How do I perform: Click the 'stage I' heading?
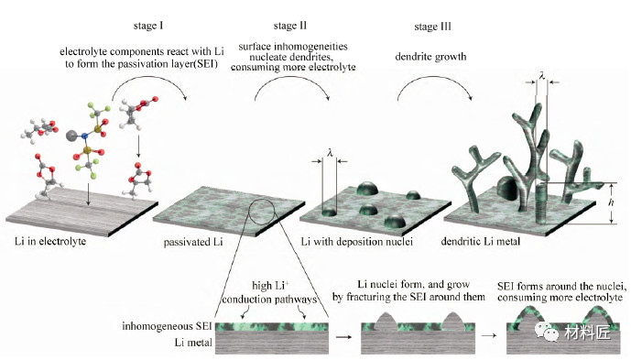(148, 26)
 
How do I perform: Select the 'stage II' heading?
(289, 26)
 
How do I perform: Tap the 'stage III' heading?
(432, 27)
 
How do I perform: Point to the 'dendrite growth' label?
(430, 57)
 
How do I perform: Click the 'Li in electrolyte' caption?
(50, 241)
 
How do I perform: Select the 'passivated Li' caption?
(193, 242)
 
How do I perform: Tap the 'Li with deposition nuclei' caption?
(357, 242)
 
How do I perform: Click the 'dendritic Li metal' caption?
(481, 241)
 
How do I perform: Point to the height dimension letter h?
(611, 202)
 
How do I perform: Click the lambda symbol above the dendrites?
(542, 76)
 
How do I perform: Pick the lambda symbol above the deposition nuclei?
(330, 153)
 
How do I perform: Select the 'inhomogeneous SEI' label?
(167, 326)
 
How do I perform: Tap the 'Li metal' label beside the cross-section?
(193, 343)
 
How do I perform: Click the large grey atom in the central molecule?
(71, 136)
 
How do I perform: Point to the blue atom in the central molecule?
(84, 136)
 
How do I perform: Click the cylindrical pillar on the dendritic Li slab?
(543, 203)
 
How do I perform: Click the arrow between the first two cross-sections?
(344, 337)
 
